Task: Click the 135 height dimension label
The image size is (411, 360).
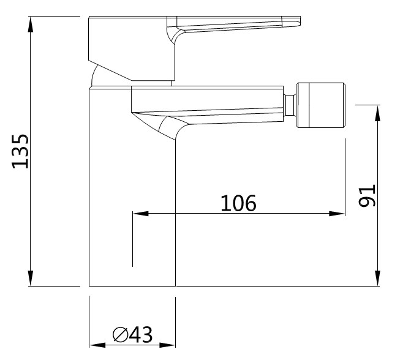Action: (21, 151)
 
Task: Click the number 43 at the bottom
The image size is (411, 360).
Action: (140, 334)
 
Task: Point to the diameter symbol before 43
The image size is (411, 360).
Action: (120, 335)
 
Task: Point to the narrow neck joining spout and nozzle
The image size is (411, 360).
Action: (291, 105)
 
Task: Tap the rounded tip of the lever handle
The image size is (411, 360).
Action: (295, 22)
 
